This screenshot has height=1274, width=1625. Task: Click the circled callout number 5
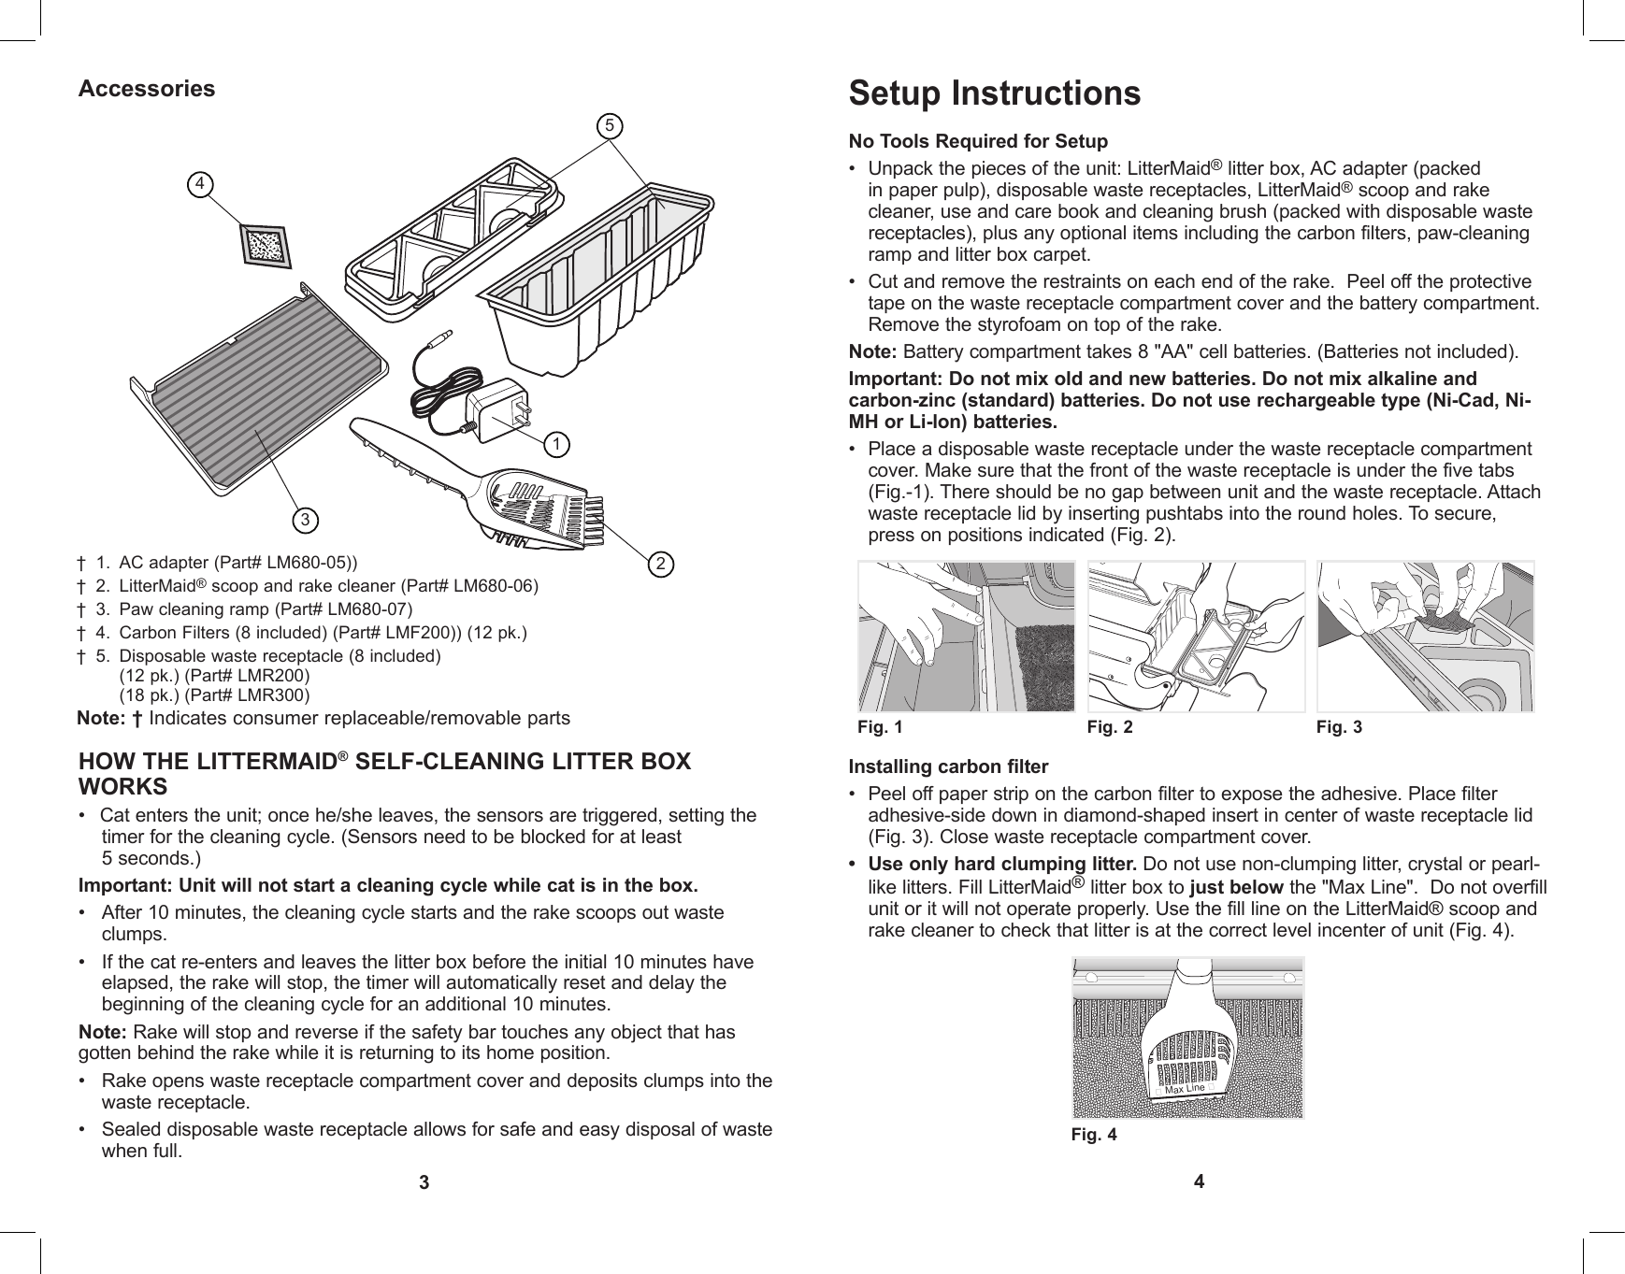point(610,125)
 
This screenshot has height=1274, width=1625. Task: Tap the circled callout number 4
point(198,184)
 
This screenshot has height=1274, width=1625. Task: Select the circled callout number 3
point(304,517)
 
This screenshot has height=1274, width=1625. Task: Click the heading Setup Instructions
point(994,93)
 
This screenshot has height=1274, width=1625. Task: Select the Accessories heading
point(147,89)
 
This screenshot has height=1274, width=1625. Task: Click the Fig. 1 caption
point(881,726)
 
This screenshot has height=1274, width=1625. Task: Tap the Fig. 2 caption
point(1110,726)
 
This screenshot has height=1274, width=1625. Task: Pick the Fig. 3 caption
point(1339,726)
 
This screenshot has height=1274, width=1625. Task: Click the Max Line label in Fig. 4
point(1184,1090)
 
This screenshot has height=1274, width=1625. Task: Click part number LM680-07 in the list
point(369,609)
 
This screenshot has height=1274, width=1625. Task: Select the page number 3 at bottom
point(424,1183)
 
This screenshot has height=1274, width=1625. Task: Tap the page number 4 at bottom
point(1200,1181)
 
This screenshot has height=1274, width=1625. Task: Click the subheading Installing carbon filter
point(948,767)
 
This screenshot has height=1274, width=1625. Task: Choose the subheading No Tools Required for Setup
point(977,142)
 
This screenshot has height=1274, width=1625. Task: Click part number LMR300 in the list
point(274,695)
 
